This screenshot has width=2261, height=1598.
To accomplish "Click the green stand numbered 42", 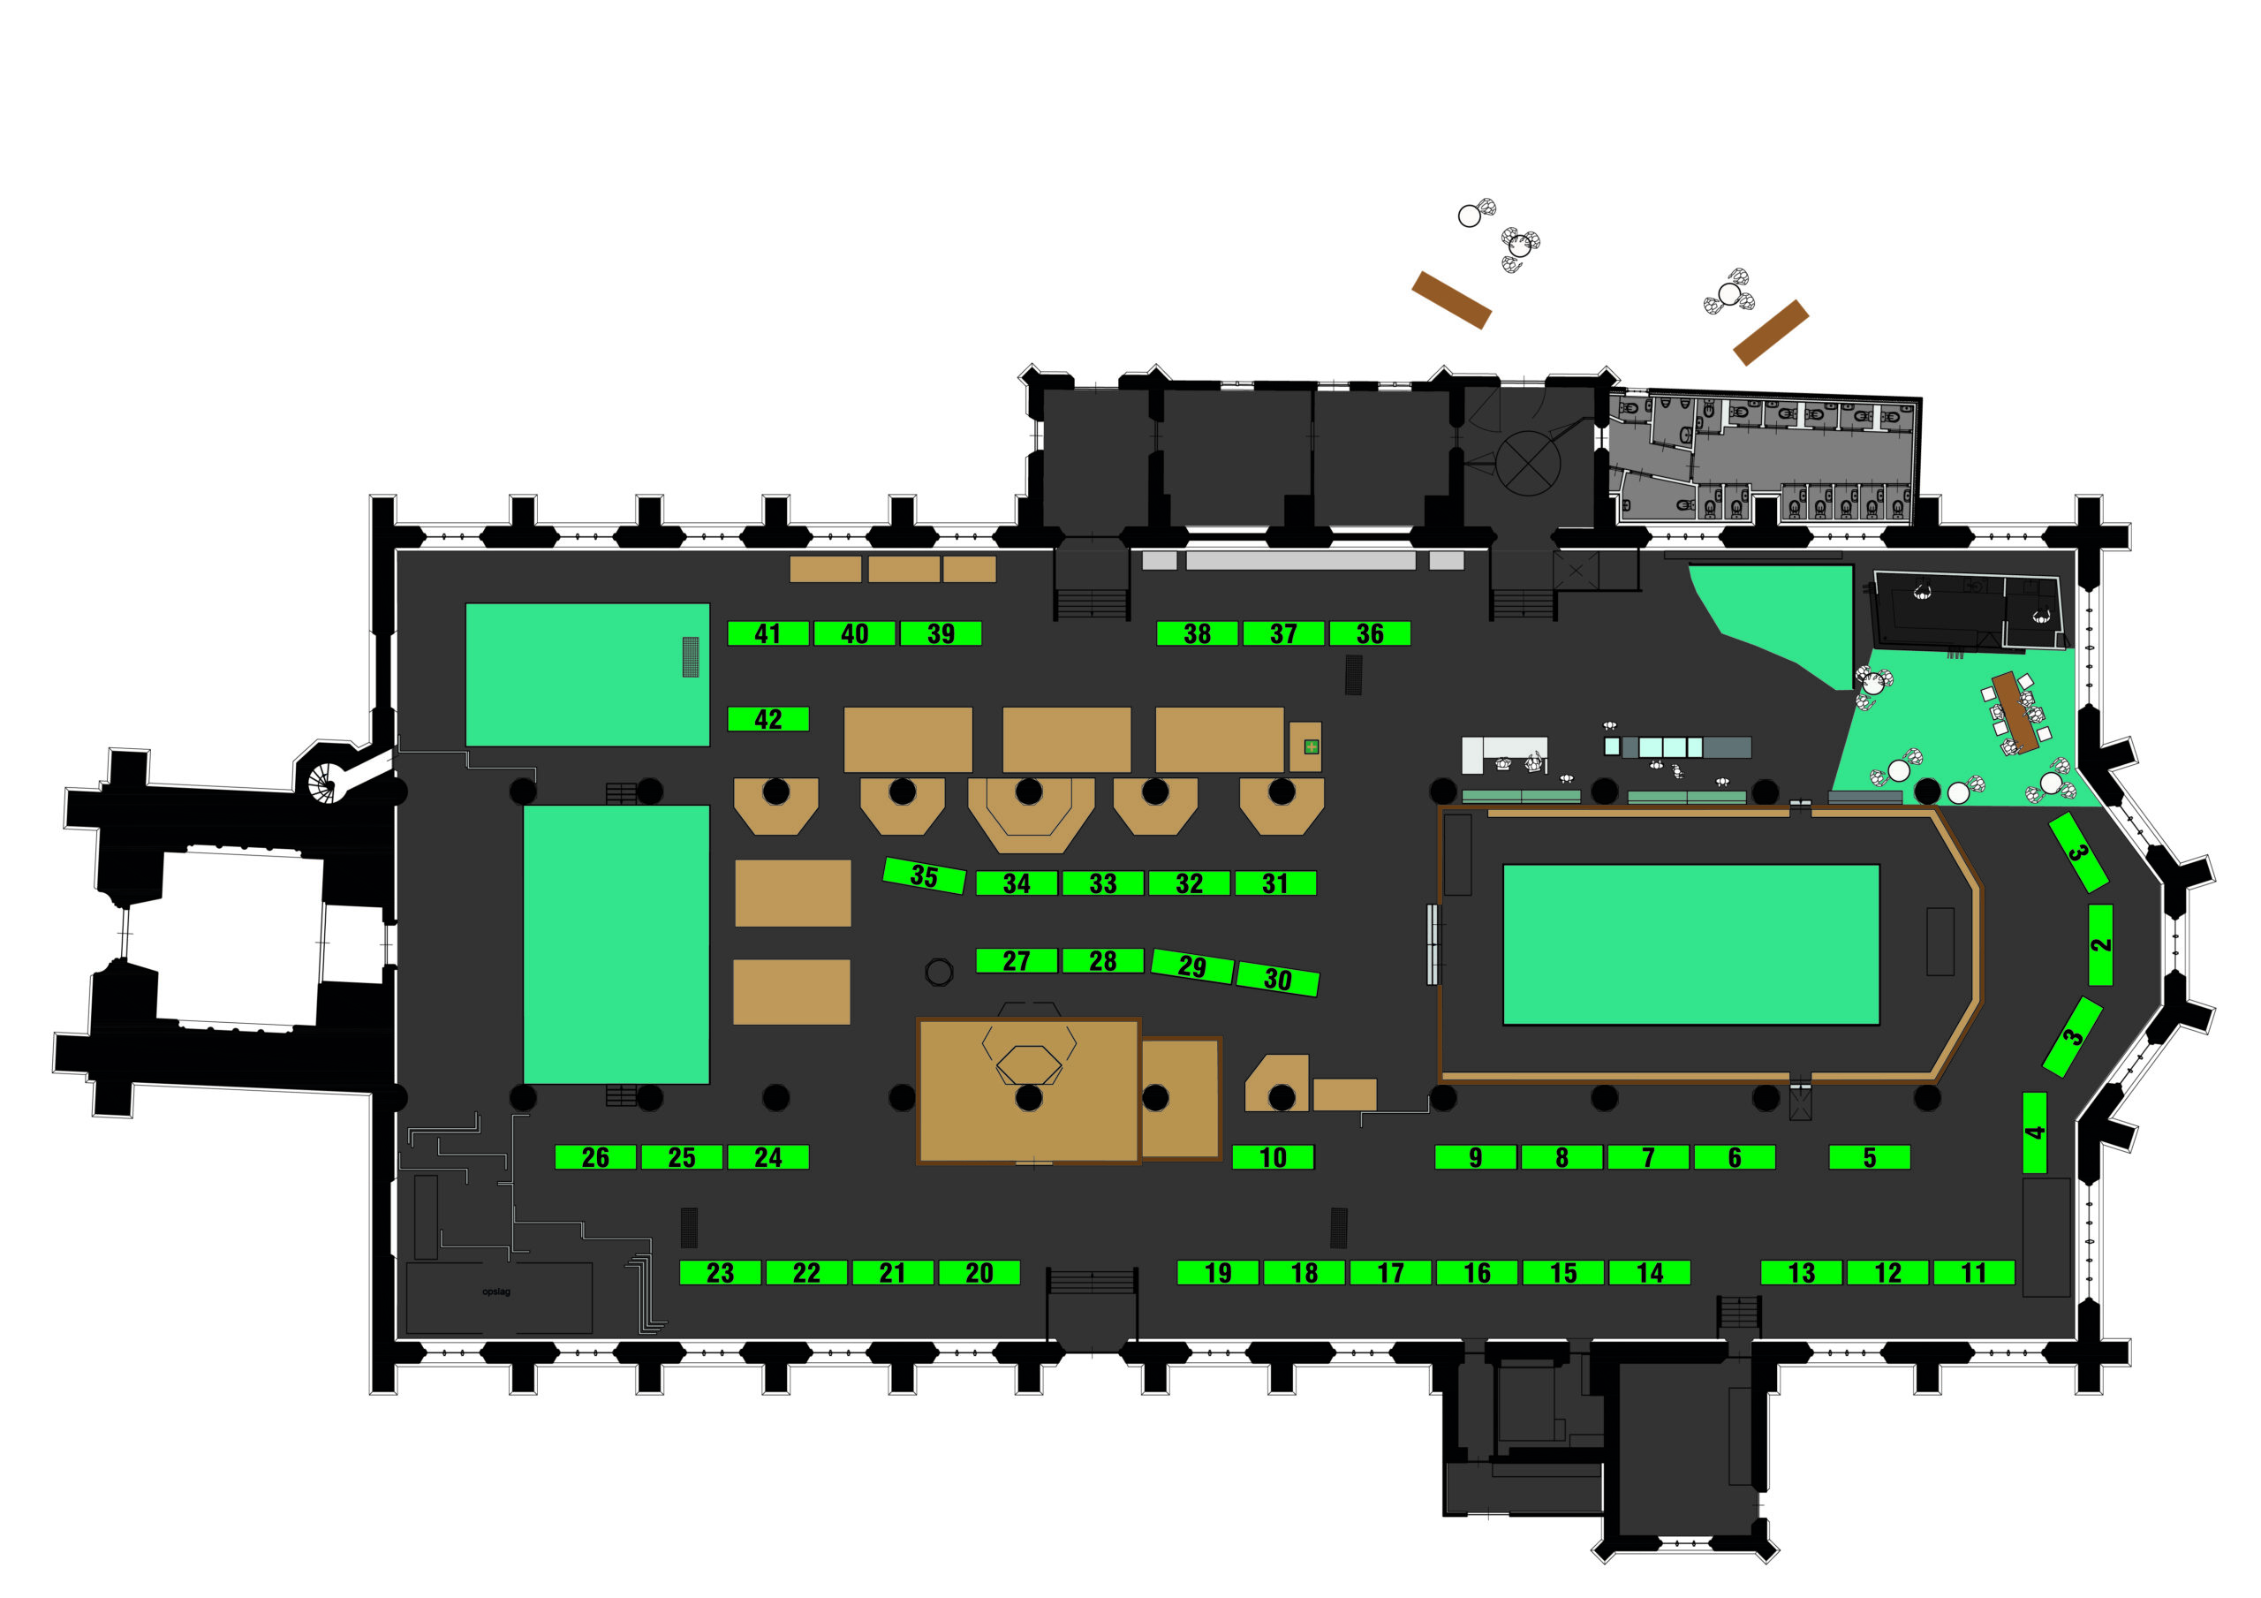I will pyautogui.click(x=768, y=719).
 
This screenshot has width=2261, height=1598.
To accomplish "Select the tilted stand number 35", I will pyautogui.click(x=924, y=875).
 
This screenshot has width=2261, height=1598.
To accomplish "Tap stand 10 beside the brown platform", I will pyautogui.click(x=1273, y=1156).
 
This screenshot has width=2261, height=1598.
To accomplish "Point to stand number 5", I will pyautogui.click(x=1869, y=1156).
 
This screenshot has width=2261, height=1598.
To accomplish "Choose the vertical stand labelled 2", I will pyautogui.click(x=2100, y=943).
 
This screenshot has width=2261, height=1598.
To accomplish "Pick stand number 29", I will pyautogui.click(x=1191, y=966).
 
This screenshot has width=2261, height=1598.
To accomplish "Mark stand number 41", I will pyautogui.click(x=768, y=633).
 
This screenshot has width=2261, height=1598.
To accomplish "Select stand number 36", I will pyautogui.click(x=1370, y=633).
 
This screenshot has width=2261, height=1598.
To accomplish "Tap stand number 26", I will pyautogui.click(x=594, y=1156).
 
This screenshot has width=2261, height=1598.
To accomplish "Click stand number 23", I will pyautogui.click(x=720, y=1272).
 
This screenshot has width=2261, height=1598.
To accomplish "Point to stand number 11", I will pyautogui.click(x=1973, y=1272).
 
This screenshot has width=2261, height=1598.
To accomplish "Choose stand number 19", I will pyautogui.click(x=1218, y=1272).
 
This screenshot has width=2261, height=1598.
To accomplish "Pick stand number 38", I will pyautogui.click(x=1197, y=633).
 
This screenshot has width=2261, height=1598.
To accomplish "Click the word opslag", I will pyautogui.click(x=496, y=1291).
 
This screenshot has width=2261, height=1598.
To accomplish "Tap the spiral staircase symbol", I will pyautogui.click(x=322, y=784).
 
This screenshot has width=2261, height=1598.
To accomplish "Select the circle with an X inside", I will pyautogui.click(x=1527, y=462).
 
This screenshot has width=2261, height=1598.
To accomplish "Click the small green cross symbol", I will pyautogui.click(x=1311, y=746).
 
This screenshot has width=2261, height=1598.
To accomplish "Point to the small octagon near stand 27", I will pyautogui.click(x=940, y=973).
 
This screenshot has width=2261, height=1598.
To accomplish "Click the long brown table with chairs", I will pyautogui.click(x=2015, y=711).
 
